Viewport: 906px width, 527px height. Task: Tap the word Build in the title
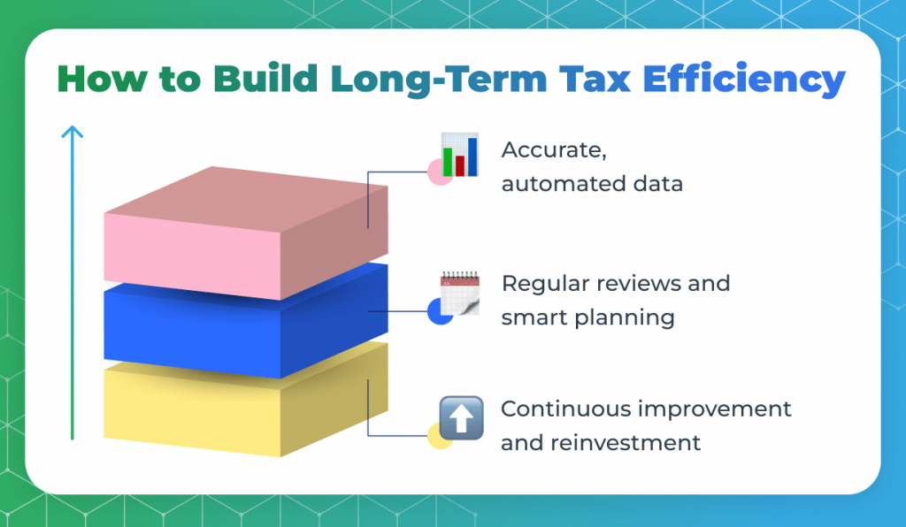click(x=264, y=80)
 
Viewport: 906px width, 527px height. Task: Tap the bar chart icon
click(x=460, y=155)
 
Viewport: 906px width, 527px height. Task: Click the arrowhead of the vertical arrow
click(x=73, y=132)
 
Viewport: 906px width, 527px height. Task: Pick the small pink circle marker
click(x=436, y=173)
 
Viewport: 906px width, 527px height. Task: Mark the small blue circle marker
click(x=437, y=312)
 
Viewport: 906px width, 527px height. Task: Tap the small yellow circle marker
click(x=437, y=436)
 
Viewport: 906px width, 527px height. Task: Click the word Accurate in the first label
click(x=554, y=150)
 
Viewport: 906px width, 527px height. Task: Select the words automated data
click(x=591, y=184)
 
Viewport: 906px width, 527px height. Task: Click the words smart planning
click(x=587, y=317)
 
